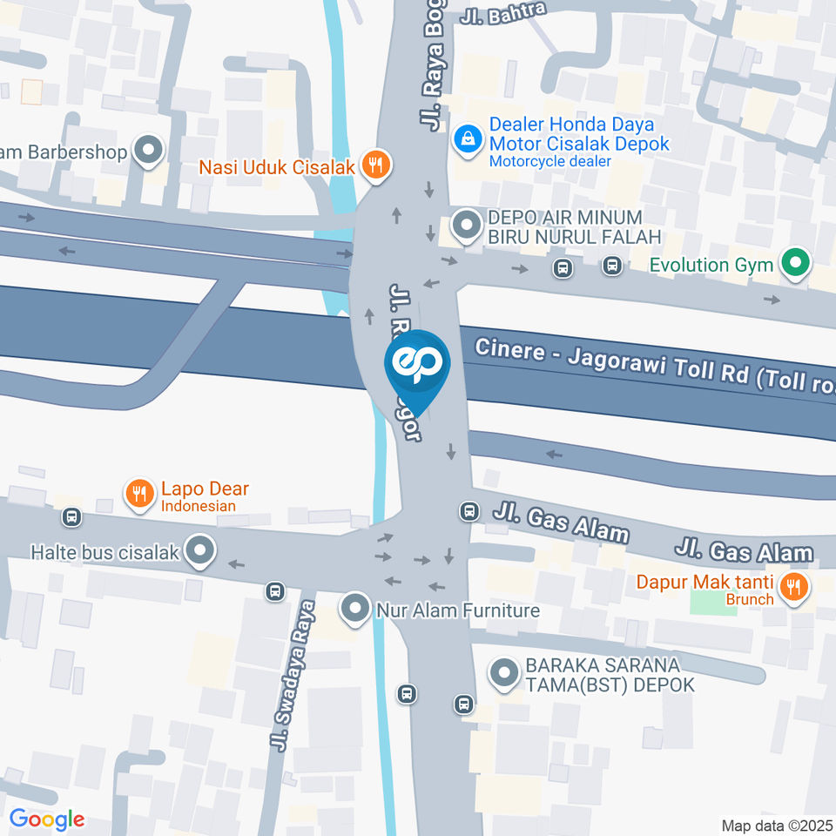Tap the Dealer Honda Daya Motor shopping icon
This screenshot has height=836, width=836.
pyautogui.click(x=468, y=138)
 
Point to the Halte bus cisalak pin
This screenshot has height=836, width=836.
pyautogui.click(x=201, y=550)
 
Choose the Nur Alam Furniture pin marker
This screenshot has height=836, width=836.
pyautogui.click(x=354, y=609)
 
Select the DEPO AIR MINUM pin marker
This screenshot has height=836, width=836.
pyautogui.click(x=468, y=226)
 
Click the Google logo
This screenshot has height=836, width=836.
pyautogui.click(x=46, y=819)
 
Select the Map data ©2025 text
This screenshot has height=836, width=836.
pyautogui.click(x=777, y=825)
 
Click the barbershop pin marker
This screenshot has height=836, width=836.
pyautogui.click(x=149, y=150)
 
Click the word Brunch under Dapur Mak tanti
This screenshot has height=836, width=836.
pyautogui.click(x=750, y=599)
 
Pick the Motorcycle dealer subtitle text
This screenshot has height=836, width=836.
pyautogui.click(x=549, y=161)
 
